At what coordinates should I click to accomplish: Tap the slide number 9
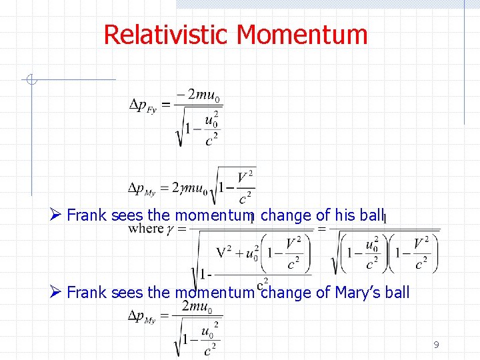tap(436, 345)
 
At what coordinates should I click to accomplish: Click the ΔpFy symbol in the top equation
tap(143, 105)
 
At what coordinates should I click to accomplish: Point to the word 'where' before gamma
tap(145, 229)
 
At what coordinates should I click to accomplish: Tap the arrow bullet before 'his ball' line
tap(56, 215)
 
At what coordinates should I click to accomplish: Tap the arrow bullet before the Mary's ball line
tap(56, 292)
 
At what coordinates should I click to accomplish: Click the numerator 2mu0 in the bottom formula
tap(197, 307)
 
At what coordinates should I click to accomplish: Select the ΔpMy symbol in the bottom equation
tap(143, 316)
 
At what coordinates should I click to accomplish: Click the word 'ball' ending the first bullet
tap(372, 215)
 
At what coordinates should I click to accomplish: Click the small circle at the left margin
tap(31, 81)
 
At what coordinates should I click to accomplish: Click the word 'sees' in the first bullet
tap(127, 215)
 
